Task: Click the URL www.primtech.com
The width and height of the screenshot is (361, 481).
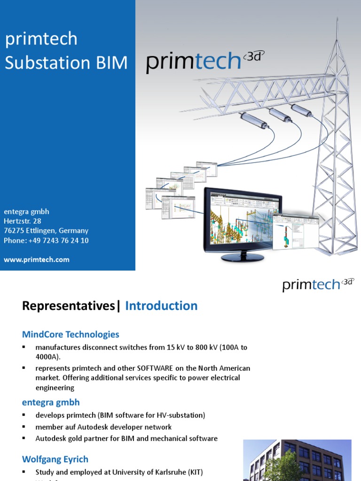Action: (x=37, y=260)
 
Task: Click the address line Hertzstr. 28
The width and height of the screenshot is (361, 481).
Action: (x=23, y=221)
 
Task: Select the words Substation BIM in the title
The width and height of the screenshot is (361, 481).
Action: (x=66, y=63)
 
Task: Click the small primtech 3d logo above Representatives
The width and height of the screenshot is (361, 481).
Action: (x=318, y=285)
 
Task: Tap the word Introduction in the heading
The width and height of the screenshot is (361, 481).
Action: (x=161, y=306)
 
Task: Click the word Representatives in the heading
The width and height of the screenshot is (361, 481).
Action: (x=69, y=306)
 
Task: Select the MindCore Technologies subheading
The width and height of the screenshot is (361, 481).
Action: (x=71, y=334)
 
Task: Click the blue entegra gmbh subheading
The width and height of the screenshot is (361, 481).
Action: (x=51, y=402)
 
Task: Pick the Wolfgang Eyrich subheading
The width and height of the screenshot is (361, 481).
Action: (x=55, y=459)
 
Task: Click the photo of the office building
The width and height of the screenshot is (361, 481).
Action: (x=297, y=460)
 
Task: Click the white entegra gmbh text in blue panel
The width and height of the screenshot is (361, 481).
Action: (x=26, y=211)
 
